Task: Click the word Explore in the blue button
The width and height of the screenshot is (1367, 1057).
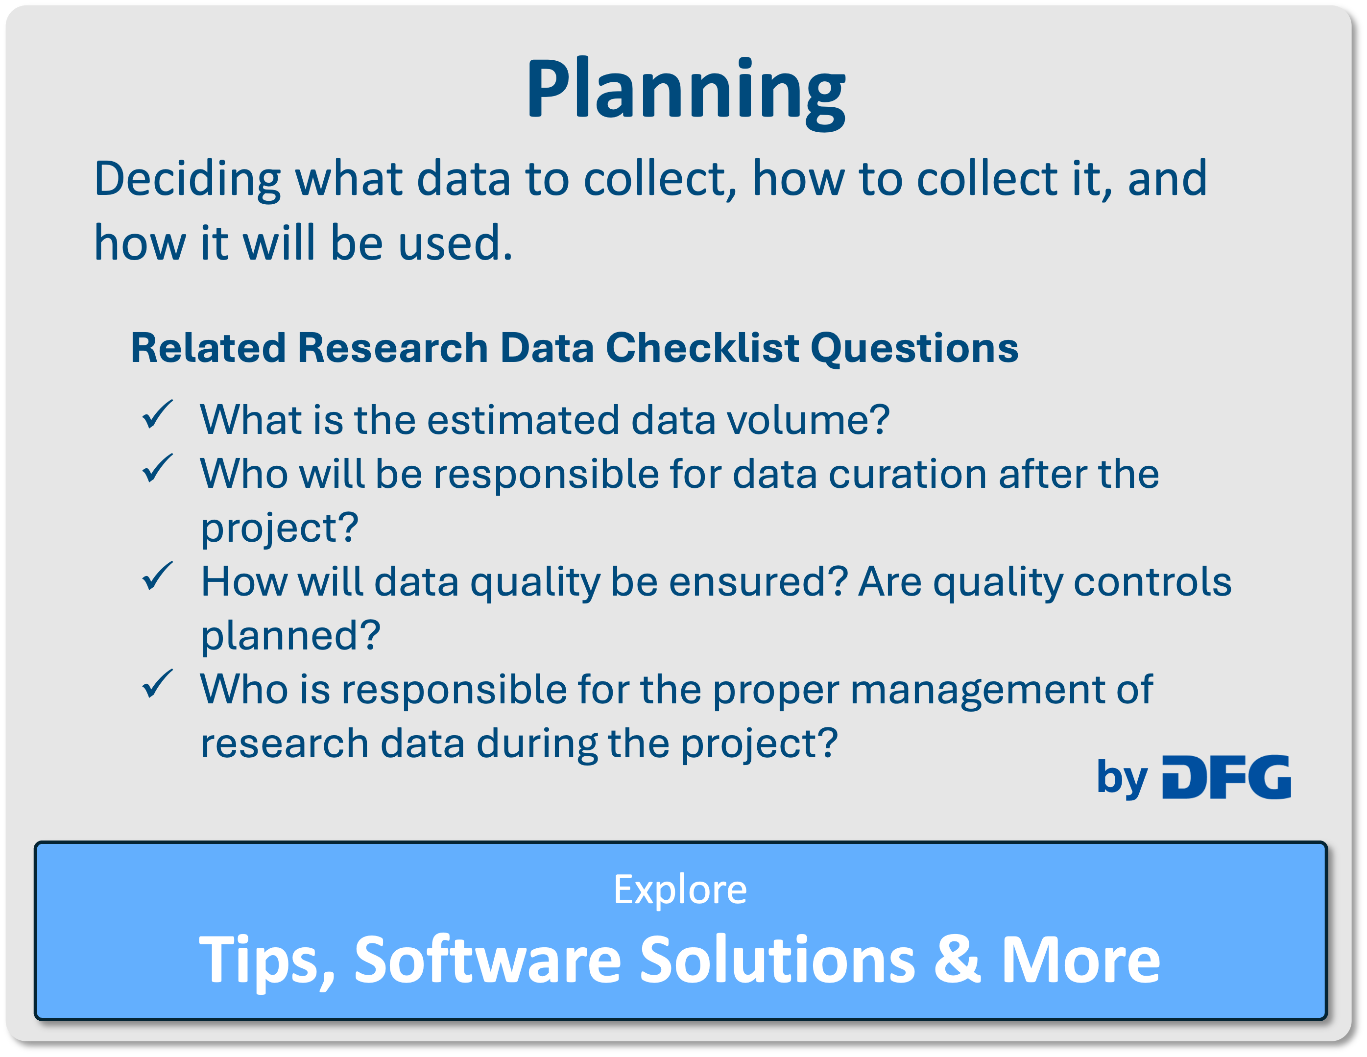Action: pyautogui.click(x=680, y=889)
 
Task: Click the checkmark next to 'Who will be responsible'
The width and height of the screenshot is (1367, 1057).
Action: pyautogui.click(x=157, y=469)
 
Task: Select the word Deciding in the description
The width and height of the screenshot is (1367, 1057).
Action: pyautogui.click(x=187, y=180)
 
